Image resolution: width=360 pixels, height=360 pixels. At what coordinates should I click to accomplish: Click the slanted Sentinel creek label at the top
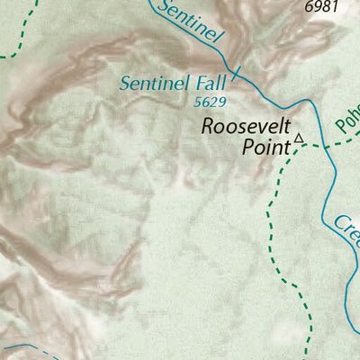click(x=188, y=22)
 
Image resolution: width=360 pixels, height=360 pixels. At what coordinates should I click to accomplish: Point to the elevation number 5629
click(x=208, y=103)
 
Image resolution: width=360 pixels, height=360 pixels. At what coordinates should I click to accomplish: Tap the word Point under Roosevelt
click(x=265, y=146)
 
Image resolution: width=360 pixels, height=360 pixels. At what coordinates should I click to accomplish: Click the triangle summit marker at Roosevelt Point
click(x=300, y=139)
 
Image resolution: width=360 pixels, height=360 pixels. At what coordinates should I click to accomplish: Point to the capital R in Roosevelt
click(x=207, y=126)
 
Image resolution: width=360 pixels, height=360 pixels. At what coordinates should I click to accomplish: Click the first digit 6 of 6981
click(x=309, y=6)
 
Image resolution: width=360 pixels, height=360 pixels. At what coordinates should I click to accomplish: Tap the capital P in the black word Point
click(x=247, y=146)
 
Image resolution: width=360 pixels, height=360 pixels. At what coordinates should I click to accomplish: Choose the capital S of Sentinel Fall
click(x=125, y=85)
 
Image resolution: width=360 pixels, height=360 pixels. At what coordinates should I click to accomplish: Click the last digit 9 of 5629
click(x=220, y=103)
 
